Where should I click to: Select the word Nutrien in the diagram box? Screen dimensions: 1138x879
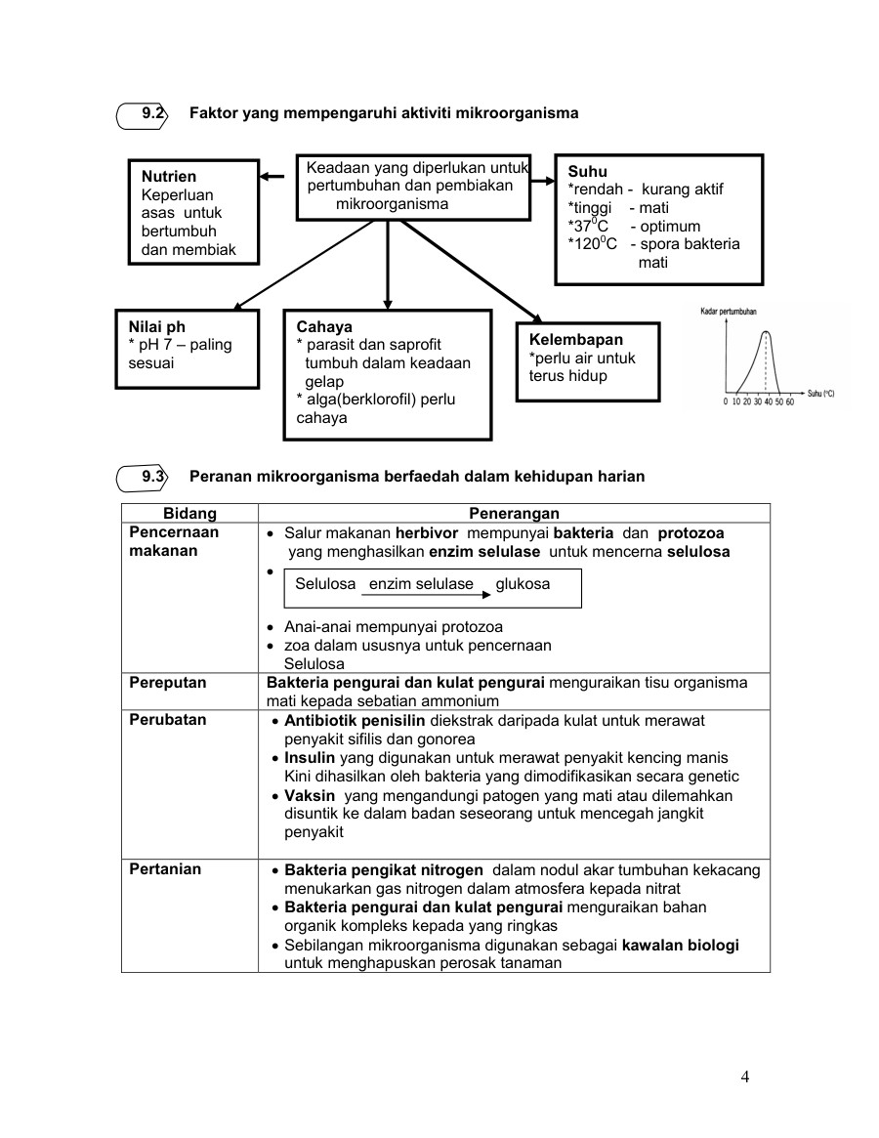(x=169, y=177)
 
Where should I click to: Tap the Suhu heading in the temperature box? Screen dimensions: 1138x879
(x=587, y=171)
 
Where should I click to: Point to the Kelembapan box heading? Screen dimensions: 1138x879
(x=575, y=340)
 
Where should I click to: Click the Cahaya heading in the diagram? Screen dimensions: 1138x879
(x=324, y=327)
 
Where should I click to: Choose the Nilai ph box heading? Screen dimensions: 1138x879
(x=156, y=327)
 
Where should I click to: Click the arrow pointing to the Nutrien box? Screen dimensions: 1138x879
(x=277, y=178)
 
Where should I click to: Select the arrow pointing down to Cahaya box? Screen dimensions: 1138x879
(x=388, y=265)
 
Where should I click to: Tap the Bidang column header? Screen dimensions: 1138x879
(x=189, y=513)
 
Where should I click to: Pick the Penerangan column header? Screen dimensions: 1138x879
(x=514, y=513)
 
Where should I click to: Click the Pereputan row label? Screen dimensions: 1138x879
(x=168, y=683)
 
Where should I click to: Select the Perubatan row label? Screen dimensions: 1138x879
(x=167, y=720)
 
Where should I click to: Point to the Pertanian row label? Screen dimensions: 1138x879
(x=165, y=869)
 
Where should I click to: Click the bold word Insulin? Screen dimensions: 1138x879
(x=310, y=758)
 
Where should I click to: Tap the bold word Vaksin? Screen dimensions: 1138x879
(x=310, y=795)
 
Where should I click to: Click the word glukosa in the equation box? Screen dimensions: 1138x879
(x=523, y=584)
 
